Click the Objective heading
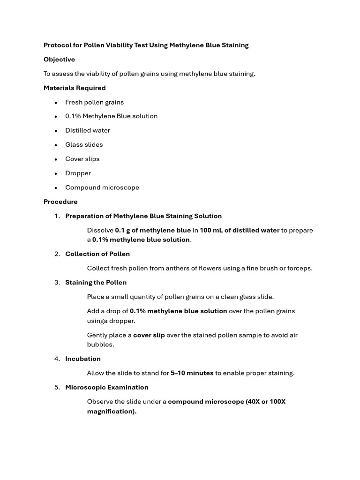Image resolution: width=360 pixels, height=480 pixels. click(x=59, y=60)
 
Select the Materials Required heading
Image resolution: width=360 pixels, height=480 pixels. click(x=75, y=88)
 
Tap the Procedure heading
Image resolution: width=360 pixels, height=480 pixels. click(x=60, y=202)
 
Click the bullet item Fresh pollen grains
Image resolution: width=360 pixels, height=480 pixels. click(x=94, y=102)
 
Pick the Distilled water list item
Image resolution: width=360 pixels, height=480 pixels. click(x=88, y=131)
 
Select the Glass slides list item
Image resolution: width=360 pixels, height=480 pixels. click(x=84, y=145)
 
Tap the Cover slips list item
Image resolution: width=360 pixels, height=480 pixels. click(x=82, y=159)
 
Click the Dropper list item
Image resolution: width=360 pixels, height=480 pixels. click(x=78, y=173)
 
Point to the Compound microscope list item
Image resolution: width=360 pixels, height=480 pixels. click(x=102, y=187)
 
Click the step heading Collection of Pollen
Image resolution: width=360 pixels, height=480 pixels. click(x=97, y=254)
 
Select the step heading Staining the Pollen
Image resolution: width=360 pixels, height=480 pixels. click(x=96, y=283)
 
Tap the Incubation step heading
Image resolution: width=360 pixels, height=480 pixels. click(x=83, y=359)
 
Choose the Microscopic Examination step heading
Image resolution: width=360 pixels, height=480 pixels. click(x=107, y=388)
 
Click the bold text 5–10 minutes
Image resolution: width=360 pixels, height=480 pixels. click(x=192, y=374)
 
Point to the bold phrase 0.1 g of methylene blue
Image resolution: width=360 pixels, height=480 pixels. click(x=153, y=231)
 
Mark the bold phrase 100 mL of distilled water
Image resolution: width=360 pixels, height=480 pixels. click(x=240, y=231)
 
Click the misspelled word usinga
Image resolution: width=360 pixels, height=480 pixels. click(x=97, y=321)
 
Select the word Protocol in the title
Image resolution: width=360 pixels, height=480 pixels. click(x=58, y=45)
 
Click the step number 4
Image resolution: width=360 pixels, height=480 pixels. click(x=57, y=359)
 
